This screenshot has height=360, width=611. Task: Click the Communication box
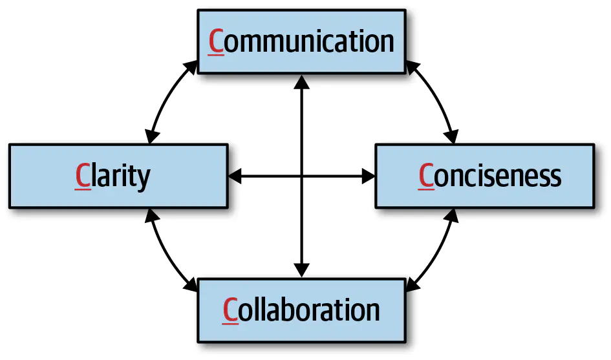tap(302, 41)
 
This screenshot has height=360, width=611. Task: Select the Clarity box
tap(118, 176)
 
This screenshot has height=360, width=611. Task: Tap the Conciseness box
tap(484, 176)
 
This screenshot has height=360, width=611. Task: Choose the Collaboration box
tap(302, 310)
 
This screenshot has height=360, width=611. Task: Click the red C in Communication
tap(217, 41)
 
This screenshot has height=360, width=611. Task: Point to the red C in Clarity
tap(83, 176)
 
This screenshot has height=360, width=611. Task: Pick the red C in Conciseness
tap(426, 176)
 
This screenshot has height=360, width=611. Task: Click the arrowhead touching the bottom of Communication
tap(302, 81)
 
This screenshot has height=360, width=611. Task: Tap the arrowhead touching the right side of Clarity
tap(235, 175)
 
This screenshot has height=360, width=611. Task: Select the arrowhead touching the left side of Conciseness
tap(369, 175)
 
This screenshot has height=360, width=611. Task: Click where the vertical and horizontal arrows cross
tap(302, 175)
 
